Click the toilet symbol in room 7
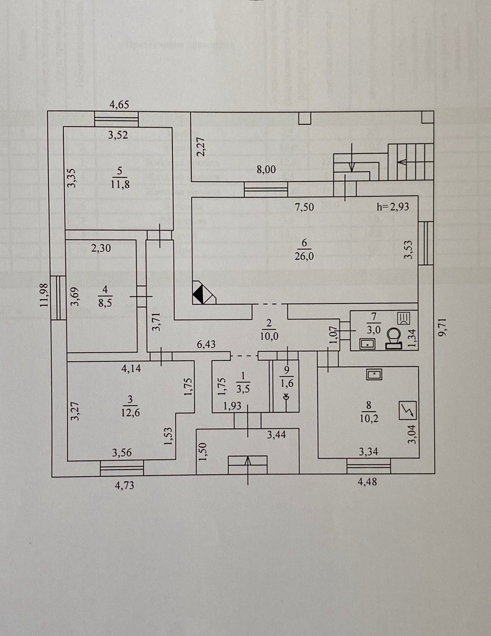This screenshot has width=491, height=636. click(395, 338)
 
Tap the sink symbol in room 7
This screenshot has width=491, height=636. click(367, 343)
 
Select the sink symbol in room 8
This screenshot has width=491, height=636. click(374, 374)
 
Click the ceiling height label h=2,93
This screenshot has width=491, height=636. click(393, 206)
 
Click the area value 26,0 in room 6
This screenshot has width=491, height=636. click(304, 256)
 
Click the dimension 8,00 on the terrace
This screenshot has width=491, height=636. click(266, 170)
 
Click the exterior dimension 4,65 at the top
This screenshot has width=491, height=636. click(119, 105)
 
